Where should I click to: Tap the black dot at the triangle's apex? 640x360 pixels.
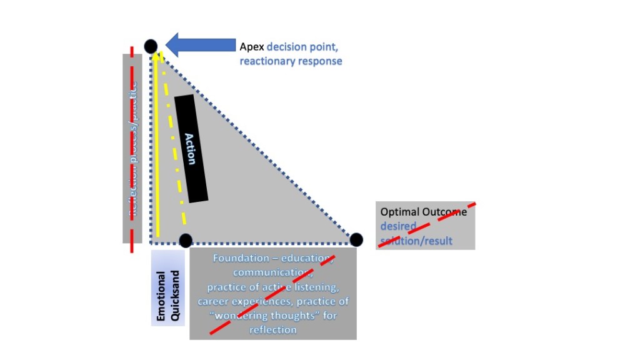(x=151, y=46)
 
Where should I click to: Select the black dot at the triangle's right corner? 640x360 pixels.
(x=356, y=239)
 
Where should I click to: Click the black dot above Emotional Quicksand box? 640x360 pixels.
(x=186, y=240)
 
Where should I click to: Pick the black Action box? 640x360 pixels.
(x=190, y=149)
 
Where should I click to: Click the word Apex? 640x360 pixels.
(x=252, y=46)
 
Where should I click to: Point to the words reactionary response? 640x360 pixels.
(x=291, y=61)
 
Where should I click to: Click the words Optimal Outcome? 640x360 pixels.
(x=423, y=212)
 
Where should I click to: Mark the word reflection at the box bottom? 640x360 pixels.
(x=272, y=329)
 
